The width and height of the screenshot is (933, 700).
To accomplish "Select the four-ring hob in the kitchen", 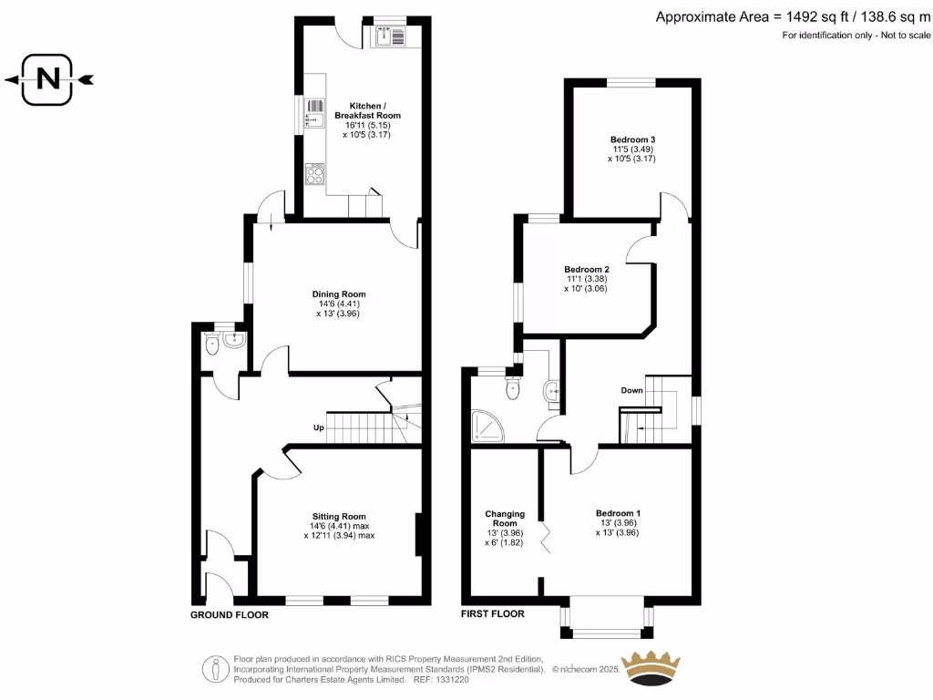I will point(315,173).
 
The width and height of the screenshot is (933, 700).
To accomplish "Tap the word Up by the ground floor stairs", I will point(320,427).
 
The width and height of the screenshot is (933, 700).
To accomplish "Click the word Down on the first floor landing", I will point(632,390).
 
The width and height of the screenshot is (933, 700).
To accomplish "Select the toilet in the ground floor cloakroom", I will point(211,344).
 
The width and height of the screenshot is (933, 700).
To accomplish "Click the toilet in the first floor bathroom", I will point(514,389).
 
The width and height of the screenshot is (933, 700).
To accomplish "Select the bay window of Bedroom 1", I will point(606,620).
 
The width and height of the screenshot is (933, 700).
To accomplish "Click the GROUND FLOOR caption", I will point(229,615).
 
